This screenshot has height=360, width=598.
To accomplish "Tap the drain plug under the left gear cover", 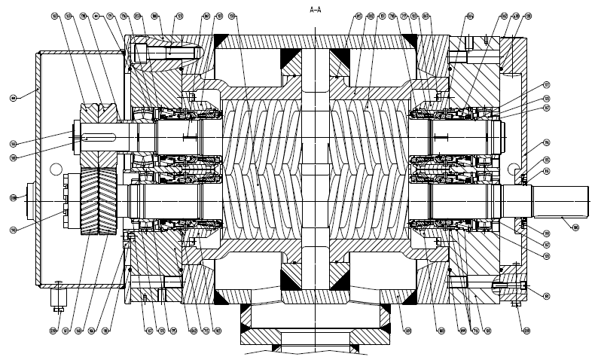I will [56, 297].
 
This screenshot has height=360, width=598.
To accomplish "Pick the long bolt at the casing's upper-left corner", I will [164, 53].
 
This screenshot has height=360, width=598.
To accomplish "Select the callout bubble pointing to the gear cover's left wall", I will [13, 97].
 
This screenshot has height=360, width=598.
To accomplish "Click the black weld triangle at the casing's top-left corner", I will [223, 40].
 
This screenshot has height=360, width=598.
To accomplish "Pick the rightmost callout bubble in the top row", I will [527, 15].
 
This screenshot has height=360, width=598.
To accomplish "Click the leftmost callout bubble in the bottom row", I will [53, 330].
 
